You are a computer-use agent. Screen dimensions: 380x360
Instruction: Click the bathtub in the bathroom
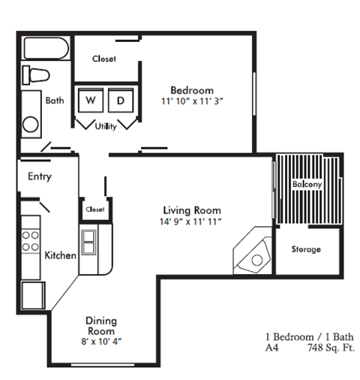coord(45,50)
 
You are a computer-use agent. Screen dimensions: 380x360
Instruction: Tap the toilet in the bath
coord(37,75)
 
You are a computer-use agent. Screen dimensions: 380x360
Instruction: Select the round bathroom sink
coord(31,125)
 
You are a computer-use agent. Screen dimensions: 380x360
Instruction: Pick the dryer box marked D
coord(120,100)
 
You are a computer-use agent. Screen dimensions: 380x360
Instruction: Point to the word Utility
coord(106,127)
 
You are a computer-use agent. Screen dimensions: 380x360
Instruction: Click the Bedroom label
coord(192,89)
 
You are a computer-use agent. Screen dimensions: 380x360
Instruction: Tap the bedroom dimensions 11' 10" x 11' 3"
coord(192,101)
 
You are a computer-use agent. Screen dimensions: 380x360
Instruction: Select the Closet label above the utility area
coord(103,59)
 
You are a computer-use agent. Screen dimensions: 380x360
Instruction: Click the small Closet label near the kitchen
coord(95,210)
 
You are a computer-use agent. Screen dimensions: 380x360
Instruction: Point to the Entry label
coord(39,177)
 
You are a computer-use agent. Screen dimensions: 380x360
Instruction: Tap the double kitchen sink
coord(89,242)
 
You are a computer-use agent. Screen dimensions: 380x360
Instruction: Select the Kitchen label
coord(60,255)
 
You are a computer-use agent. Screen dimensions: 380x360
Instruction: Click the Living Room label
coord(193,210)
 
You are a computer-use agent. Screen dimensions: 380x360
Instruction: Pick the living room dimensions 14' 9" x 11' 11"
coord(193,222)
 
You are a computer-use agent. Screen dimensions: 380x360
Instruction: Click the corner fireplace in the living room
coord(253,255)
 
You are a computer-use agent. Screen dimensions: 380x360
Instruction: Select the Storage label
coord(305,249)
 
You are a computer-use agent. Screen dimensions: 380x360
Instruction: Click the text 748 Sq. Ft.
coord(330,348)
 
